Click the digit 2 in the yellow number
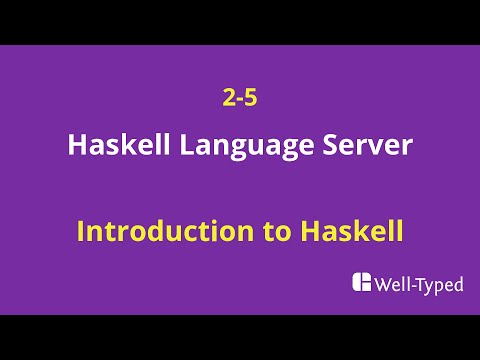pyautogui.click(x=229, y=99)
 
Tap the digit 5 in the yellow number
pyautogui.click(x=251, y=99)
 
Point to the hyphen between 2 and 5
pyautogui.click(x=240, y=101)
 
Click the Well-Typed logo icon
pyautogui.click(x=362, y=283)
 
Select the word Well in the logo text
pyautogui.click(x=392, y=285)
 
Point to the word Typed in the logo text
pyautogui.click(x=441, y=286)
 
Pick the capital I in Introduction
pyautogui.click(x=81, y=232)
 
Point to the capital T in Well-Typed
pyautogui.click(x=422, y=285)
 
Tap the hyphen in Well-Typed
pyautogui.click(x=414, y=287)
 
